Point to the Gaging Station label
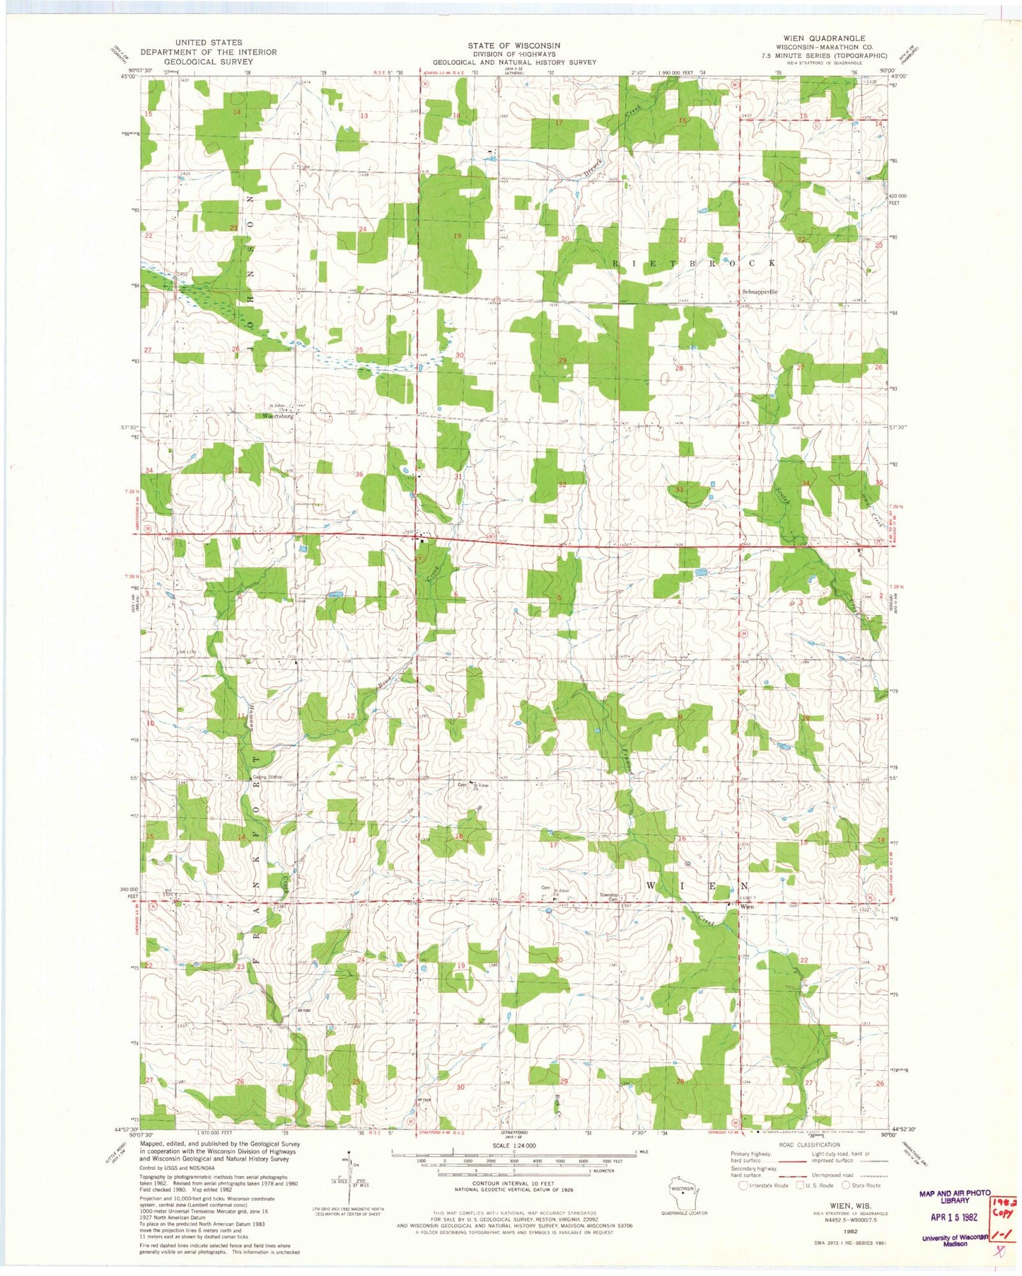tap(267, 777)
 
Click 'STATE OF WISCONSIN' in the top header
tap(513, 45)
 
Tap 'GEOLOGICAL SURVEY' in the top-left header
tap(208, 62)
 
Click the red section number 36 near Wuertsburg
tap(359, 475)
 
